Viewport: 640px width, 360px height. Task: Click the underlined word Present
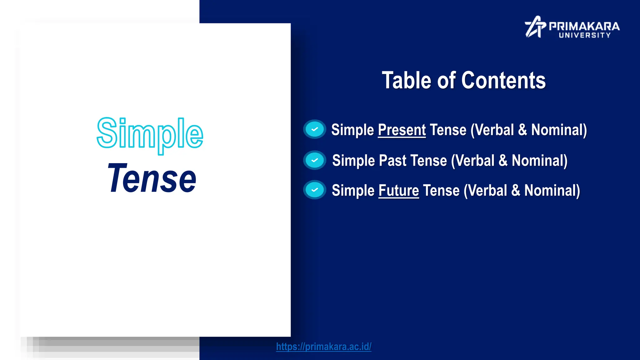tap(402, 130)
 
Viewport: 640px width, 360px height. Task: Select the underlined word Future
tap(398, 191)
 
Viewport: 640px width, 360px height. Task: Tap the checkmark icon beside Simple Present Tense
tap(315, 129)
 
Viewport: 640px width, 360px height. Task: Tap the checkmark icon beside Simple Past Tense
tap(315, 160)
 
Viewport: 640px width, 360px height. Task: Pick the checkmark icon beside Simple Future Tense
tap(315, 190)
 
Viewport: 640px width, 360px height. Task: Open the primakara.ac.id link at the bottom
tap(324, 347)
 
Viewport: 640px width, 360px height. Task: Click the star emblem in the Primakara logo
tap(535, 27)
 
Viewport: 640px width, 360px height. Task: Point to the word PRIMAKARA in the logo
tap(584, 26)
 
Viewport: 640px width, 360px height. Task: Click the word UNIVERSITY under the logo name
tap(584, 35)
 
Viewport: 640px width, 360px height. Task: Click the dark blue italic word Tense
tap(152, 179)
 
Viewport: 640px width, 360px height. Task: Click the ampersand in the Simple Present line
tap(522, 130)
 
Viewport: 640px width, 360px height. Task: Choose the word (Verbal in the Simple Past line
tap(472, 161)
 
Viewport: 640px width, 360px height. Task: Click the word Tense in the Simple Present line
tap(448, 130)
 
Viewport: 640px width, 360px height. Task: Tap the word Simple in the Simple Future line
tap(353, 191)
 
